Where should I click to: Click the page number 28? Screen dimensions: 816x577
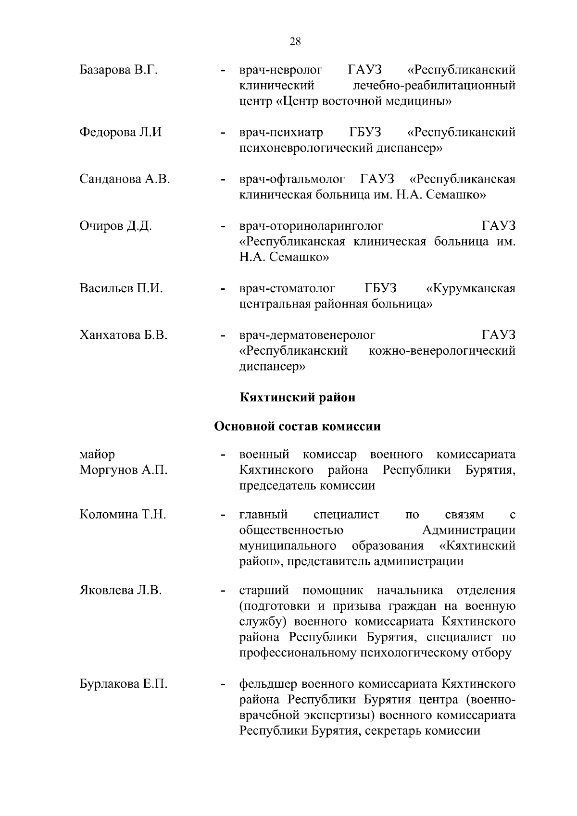295,41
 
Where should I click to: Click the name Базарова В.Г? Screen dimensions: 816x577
118,70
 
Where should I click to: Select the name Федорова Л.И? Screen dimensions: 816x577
120,132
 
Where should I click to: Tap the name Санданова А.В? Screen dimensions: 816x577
125,179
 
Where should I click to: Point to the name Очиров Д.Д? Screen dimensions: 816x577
115,226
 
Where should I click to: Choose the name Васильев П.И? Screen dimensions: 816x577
121,288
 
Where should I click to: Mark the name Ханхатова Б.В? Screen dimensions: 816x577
123,335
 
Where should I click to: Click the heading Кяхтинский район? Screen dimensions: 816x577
298,397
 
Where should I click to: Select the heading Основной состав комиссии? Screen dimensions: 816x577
297,426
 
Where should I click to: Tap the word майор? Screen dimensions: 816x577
97,454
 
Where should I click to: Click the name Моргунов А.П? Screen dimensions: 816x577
123,470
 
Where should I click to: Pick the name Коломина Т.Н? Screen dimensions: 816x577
123,515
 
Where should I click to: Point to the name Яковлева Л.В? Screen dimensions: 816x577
120,590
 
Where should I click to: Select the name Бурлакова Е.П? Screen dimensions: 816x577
123,684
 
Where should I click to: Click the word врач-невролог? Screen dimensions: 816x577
281,70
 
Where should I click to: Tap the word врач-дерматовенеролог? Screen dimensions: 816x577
307,335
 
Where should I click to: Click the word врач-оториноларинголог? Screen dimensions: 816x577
311,226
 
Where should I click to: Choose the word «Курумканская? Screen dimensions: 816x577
471,288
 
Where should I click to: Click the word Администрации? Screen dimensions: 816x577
469,531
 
